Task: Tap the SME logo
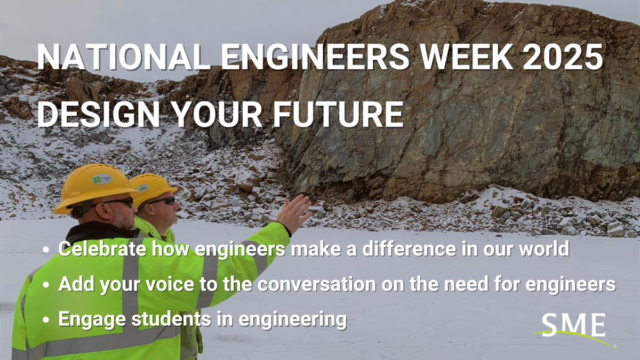573,326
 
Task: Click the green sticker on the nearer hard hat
102,179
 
